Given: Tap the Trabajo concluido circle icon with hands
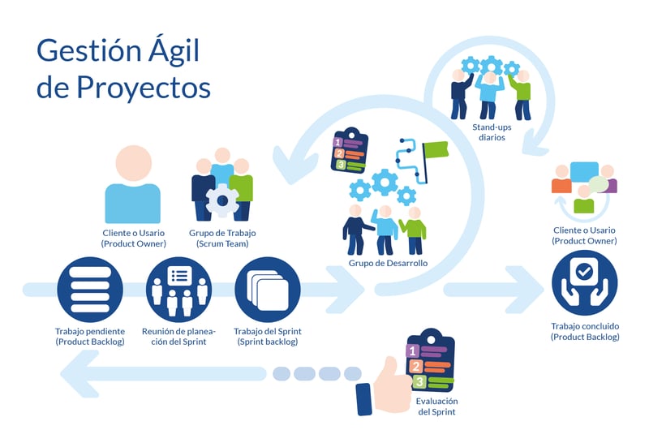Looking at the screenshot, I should [584, 284].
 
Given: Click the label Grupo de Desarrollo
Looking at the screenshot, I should [388, 264].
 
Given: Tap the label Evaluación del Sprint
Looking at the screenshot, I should [436, 406].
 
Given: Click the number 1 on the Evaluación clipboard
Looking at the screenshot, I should [413, 351].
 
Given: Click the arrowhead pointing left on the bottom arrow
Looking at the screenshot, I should [81, 373].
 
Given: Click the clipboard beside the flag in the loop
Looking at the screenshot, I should [350, 151].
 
